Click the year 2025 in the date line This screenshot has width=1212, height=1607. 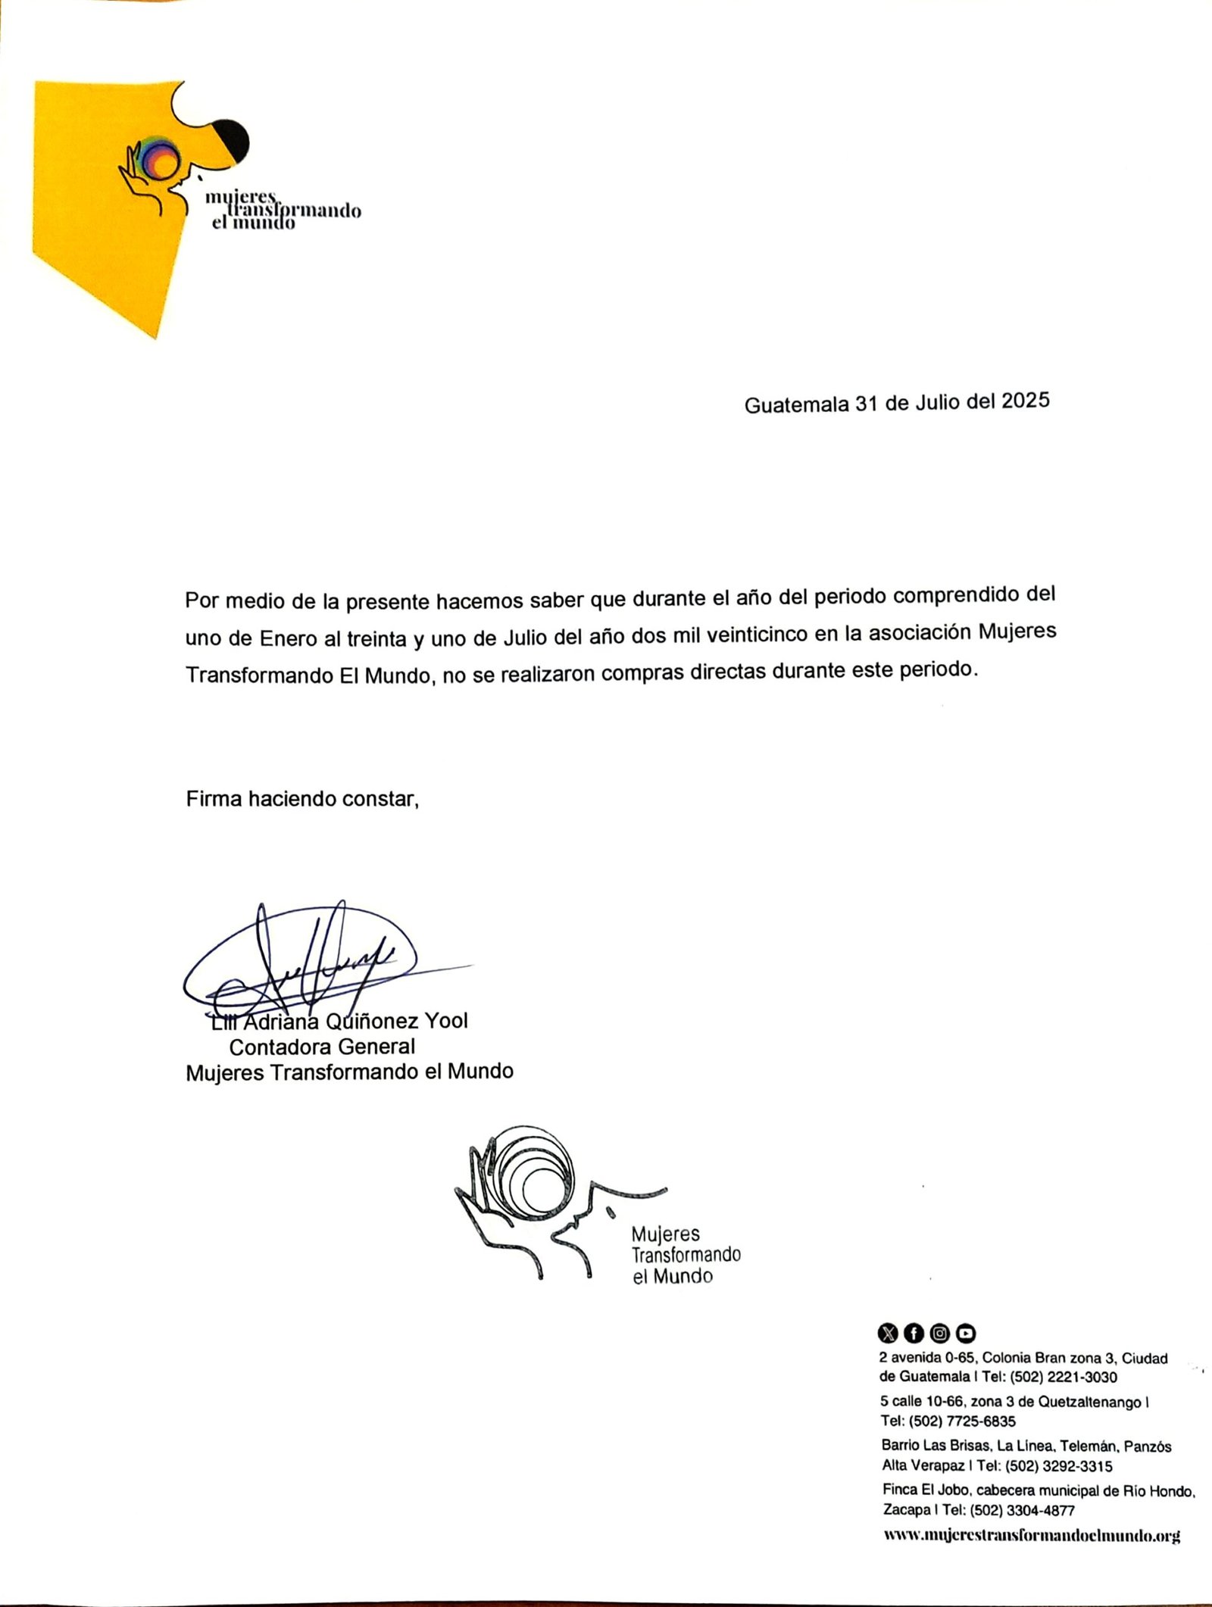point(1026,400)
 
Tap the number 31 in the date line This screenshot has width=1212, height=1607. point(866,404)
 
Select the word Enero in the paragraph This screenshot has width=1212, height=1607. point(289,638)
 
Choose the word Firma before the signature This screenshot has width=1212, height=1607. point(214,799)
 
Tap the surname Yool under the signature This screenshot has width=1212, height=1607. point(446,1020)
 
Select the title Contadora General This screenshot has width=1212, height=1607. point(322,1047)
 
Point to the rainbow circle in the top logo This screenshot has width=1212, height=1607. point(161,158)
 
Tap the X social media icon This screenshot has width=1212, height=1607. point(887,1333)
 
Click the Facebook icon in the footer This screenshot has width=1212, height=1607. point(914,1333)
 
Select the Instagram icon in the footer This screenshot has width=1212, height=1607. point(939,1333)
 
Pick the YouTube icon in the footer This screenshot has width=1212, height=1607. point(966,1333)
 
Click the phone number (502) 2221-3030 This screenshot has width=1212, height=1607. point(1064,1377)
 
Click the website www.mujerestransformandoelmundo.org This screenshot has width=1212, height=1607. point(1032,1535)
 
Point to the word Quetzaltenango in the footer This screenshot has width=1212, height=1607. point(1089,1402)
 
